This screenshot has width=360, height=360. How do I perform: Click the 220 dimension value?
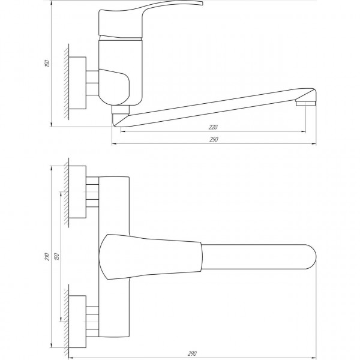pos(214,127)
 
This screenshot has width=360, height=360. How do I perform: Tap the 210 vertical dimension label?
pos(47,257)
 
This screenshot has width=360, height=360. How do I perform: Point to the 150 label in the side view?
pos(47,63)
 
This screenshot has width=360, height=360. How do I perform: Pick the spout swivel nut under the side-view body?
pos(120,112)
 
